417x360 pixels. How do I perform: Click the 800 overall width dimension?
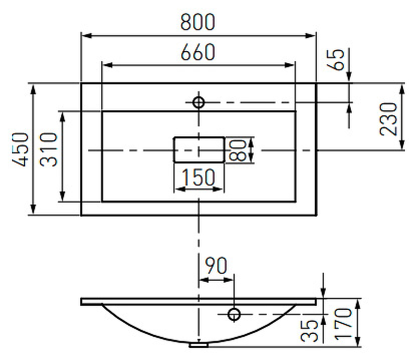tap(198, 22)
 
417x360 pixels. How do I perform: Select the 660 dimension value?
tap(198, 52)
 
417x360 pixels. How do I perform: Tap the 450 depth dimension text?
tap(20, 149)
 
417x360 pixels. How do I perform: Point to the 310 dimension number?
tap(48, 149)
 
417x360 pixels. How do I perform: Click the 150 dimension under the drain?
tap(198, 177)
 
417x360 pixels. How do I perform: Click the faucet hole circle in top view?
tap(198, 102)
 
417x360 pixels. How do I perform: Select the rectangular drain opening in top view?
tap(198, 150)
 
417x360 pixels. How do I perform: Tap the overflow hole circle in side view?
tap(234, 314)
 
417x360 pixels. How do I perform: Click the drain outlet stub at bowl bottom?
tap(198, 345)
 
